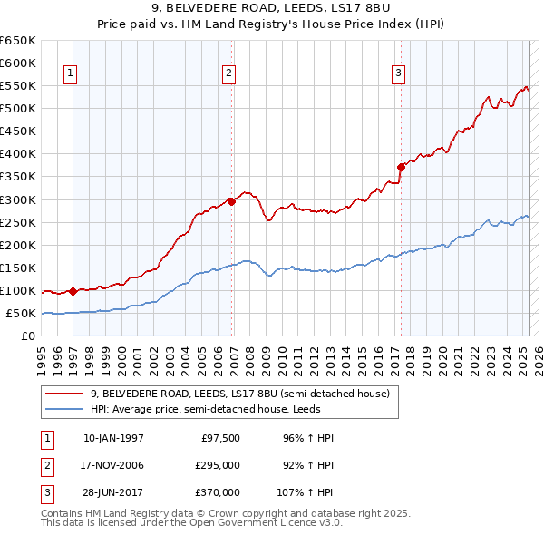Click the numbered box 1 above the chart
point(70,74)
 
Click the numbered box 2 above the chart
point(229,74)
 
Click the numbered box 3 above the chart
point(398,74)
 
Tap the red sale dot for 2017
point(400,167)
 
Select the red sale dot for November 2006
point(231,201)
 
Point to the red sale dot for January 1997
point(73,291)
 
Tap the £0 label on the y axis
point(27,336)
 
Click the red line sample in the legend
point(63,394)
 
